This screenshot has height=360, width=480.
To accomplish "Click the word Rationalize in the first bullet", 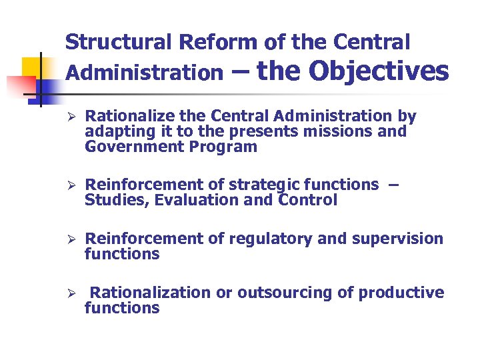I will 126,117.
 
